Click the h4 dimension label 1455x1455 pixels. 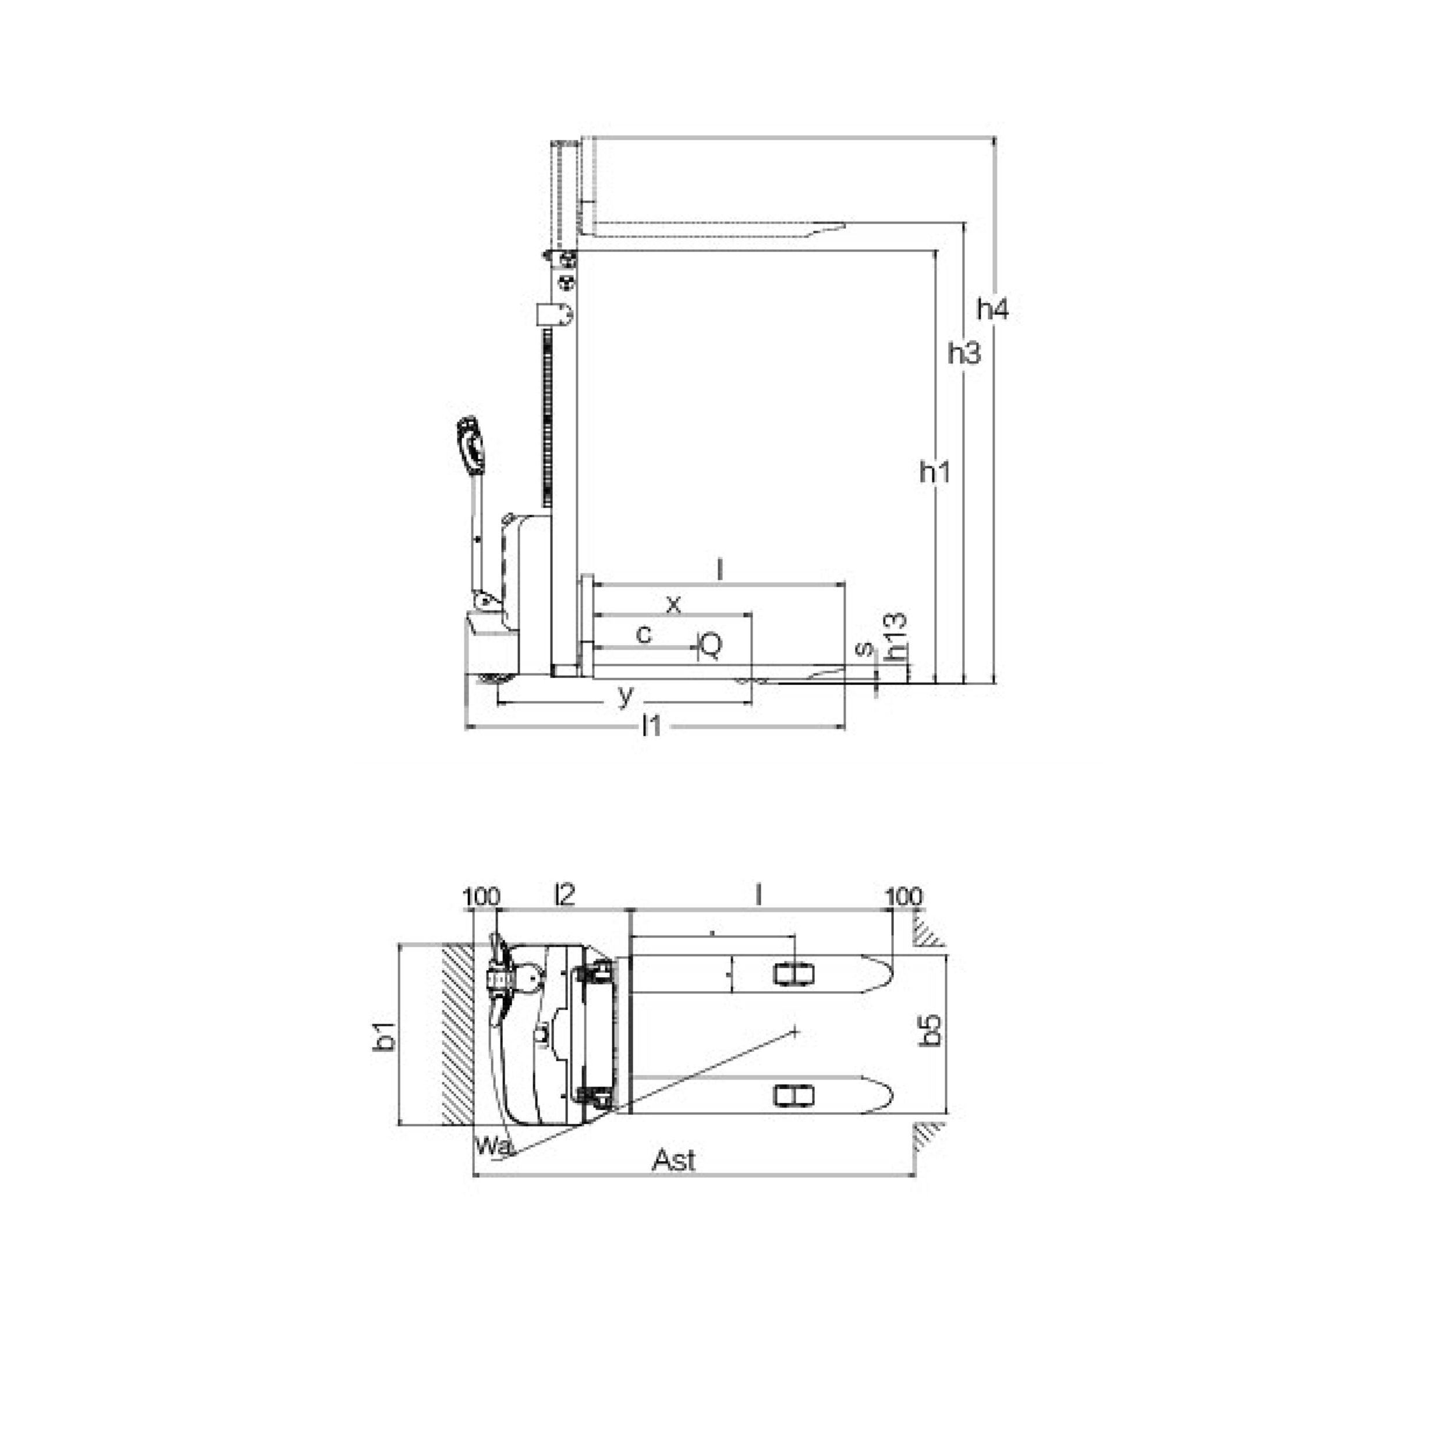tap(992, 309)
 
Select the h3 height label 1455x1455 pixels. tap(965, 353)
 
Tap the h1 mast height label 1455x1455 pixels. tap(935, 472)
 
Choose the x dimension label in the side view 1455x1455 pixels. tap(674, 604)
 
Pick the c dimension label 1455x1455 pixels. tap(644, 635)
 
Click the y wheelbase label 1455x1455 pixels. tap(625, 697)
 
